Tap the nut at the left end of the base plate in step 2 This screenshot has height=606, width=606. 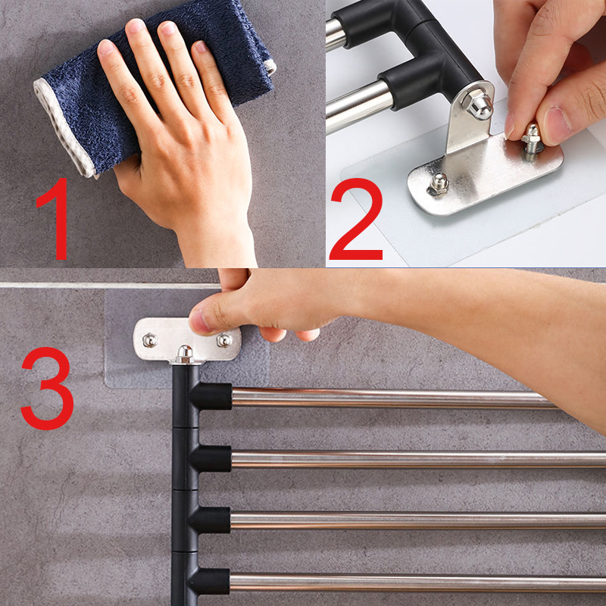tap(439, 182)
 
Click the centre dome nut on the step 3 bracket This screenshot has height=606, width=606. tap(184, 353)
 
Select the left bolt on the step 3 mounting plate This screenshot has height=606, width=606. tap(150, 340)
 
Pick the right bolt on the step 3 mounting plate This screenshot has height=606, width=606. tap(224, 340)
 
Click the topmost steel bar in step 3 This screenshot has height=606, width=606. tap(394, 398)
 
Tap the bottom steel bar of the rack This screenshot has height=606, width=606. tap(417, 582)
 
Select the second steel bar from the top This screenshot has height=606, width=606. tap(417, 458)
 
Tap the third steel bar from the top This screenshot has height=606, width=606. tap(417, 520)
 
